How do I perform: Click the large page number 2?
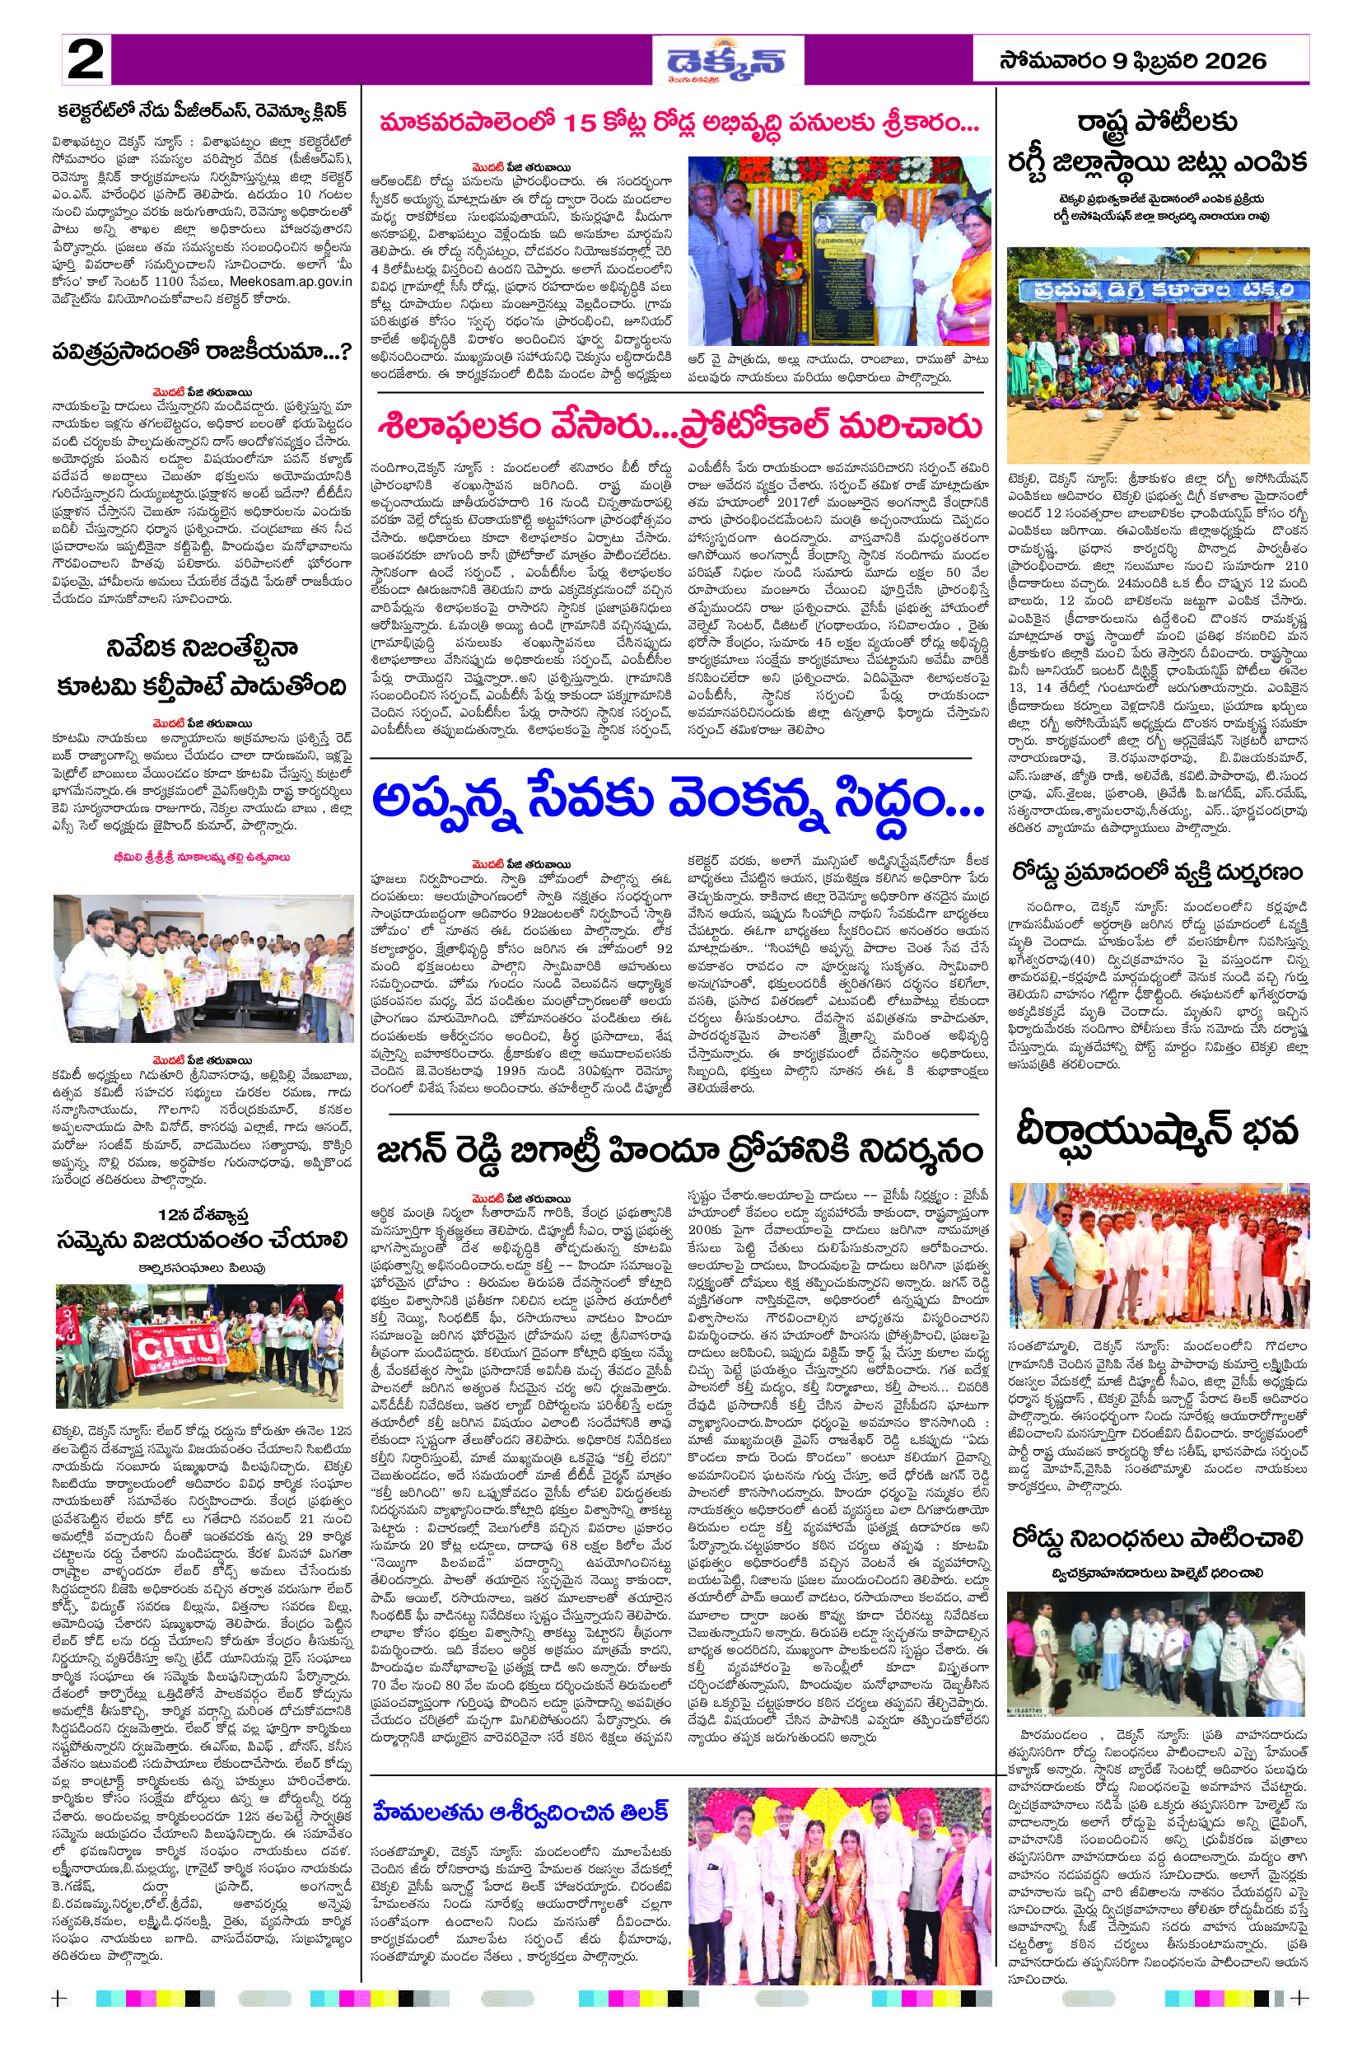tap(85, 60)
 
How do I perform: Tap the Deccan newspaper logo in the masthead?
tap(726, 61)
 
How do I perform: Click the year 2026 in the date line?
tap(1234, 61)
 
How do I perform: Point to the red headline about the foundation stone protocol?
tap(680, 426)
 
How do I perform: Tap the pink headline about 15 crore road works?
tap(679, 124)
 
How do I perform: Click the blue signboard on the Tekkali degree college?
tap(1158, 289)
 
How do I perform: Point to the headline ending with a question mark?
tap(203, 351)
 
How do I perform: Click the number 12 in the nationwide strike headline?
tap(168, 1213)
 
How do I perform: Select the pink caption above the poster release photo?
tap(202, 857)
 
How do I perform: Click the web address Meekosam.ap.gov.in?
tap(291, 281)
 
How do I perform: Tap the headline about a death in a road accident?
tap(1157, 872)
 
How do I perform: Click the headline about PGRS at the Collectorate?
tap(203, 110)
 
